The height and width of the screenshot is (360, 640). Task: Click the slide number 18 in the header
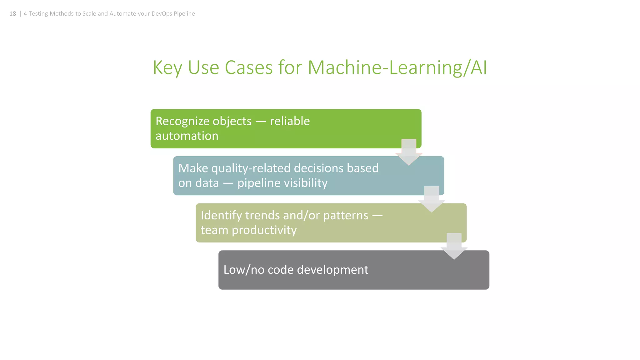point(12,14)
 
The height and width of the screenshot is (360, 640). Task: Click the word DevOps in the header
point(162,14)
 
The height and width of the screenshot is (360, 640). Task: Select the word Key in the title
point(167,67)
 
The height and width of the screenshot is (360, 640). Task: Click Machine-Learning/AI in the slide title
point(397,67)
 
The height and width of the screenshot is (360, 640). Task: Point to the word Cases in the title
point(249,67)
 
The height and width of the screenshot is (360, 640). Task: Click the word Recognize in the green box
point(203,121)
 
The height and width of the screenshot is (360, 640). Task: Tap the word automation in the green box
point(187,136)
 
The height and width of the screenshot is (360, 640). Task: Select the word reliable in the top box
point(290,121)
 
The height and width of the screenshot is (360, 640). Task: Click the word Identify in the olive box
point(221,216)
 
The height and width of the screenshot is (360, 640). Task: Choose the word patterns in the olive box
point(346,216)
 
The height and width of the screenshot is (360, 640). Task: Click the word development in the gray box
point(332,270)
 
